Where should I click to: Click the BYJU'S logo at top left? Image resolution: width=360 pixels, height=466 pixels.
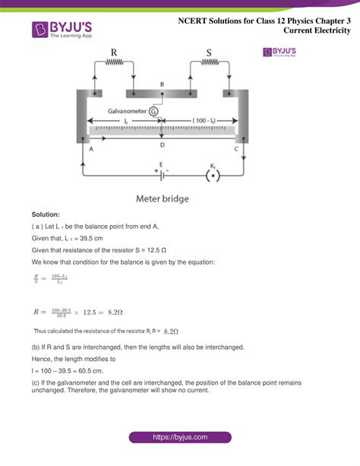click(61, 30)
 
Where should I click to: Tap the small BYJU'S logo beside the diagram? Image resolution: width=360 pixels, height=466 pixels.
click(279, 52)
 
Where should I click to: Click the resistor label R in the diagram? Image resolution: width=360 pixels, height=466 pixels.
click(114, 53)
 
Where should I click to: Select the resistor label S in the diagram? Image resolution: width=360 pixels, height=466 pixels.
click(209, 53)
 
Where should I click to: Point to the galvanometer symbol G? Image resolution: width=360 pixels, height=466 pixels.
click(154, 111)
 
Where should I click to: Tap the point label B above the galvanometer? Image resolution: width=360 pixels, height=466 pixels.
click(161, 84)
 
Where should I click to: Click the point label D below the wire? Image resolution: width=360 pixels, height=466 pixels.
click(161, 144)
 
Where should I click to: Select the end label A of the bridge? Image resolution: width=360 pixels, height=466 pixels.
click(91, 150)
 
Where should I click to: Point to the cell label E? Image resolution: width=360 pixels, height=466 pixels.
click(161, 164)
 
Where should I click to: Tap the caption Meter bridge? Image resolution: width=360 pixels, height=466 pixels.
click(163, 199)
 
